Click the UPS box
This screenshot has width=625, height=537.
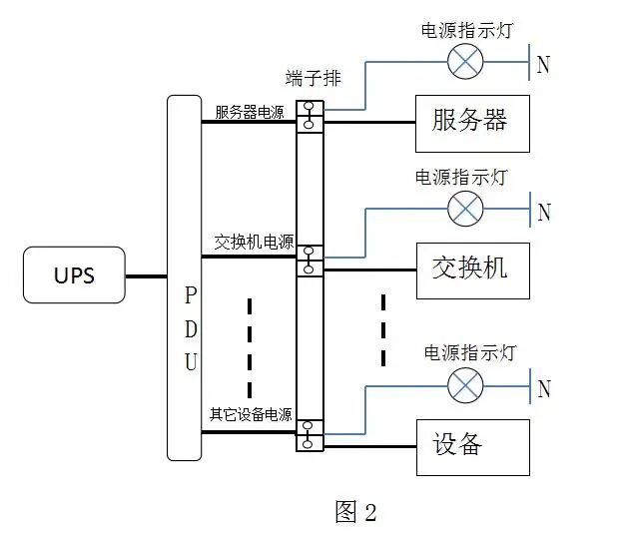tap(74, 274)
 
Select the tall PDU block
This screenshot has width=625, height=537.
tap(184, 277)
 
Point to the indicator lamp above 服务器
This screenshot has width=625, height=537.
tap(464, 62)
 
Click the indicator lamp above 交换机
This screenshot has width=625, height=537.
tap(464, 209)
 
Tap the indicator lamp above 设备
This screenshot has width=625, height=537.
tap(464, 385)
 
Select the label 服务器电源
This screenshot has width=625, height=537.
tap(250, 112)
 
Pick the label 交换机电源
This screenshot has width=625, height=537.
tap(254, 243)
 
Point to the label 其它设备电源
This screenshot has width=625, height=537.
tap(251, 414)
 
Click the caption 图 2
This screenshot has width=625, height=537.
tap(355, 512)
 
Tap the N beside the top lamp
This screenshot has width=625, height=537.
tap(543, 66)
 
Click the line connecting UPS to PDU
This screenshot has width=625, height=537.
tap(146, 275)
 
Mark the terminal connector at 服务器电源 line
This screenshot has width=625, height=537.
tap(310, 115)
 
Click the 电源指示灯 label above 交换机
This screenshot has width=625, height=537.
tap(461, 178)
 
